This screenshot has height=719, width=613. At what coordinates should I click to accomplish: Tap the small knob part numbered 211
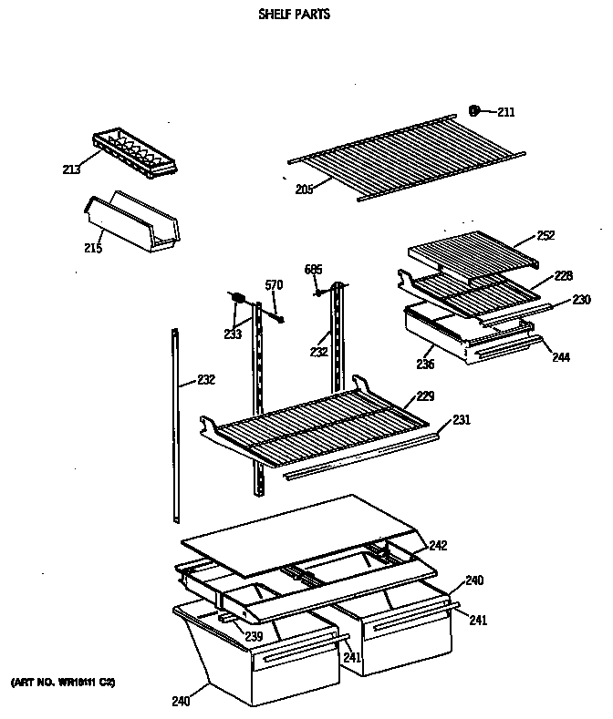click(474, 111)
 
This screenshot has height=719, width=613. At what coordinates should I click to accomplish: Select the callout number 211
click(505, 112)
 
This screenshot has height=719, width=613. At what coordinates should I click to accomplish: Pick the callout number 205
click(304, 189)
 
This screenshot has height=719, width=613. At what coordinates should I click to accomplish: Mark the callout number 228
click(565, 274)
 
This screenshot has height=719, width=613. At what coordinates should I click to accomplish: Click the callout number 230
click(581, 299)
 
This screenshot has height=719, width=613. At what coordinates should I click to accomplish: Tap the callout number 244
click(560, 357)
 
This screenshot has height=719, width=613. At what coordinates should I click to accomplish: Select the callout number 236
click(425, 364)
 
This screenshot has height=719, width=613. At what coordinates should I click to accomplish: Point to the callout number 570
click(274, 285)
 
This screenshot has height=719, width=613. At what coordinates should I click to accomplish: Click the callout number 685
click(313, 269)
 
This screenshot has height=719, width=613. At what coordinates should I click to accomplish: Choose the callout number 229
click(425, 395)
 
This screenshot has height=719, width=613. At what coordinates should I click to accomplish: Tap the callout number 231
click(462, 419)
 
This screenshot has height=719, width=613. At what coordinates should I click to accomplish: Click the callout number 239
click(254, 635)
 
